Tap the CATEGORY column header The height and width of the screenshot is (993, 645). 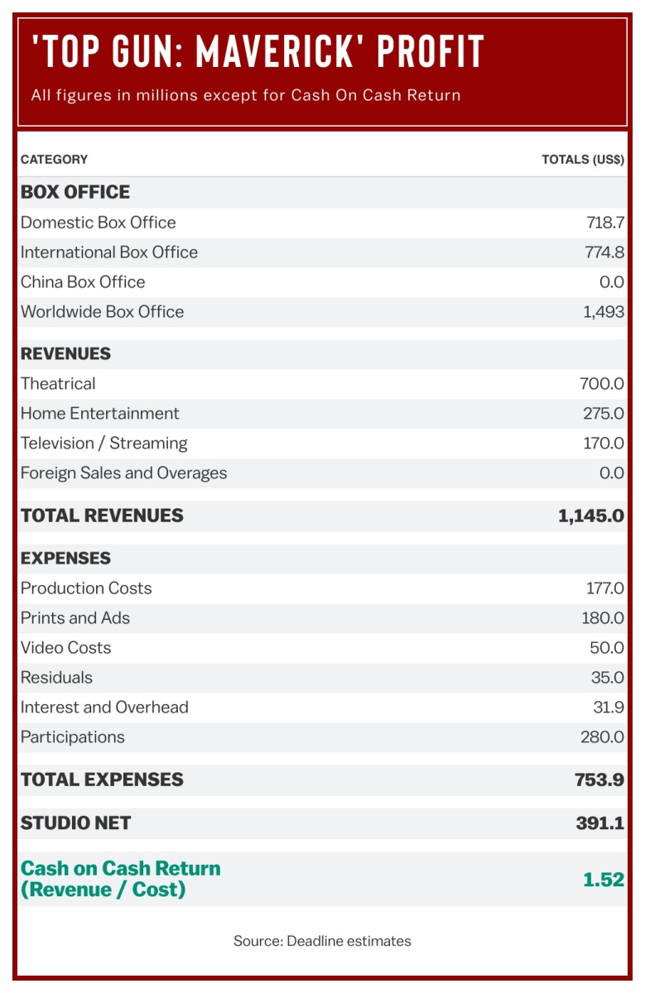(x=54, y=159)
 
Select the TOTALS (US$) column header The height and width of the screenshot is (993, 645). (x=583, y=159)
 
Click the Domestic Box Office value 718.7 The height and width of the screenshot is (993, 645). (x=604, y=223)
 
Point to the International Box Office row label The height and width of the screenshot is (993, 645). (x=109, y=252)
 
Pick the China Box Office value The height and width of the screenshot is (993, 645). (x=611, y=282)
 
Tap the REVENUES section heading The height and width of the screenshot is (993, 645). (x=65, y=353)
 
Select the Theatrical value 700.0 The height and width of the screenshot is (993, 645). (x=602, y=384)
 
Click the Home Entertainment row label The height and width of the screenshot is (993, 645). (x=99, y=414)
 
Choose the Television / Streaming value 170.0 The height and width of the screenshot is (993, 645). (x=603, y=444)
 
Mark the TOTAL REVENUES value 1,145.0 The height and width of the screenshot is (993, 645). (x=591, y=516)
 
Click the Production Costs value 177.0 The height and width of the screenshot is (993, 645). (x=604, y=588)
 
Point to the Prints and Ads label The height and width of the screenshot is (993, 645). (x=75, y=618)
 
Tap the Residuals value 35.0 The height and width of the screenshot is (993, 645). (x=607, y=678)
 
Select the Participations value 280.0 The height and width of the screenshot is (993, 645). (x=602, y=737)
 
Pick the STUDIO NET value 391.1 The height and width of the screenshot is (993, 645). (x=600, y=823)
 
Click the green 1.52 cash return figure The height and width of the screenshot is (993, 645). (x=604, y=880)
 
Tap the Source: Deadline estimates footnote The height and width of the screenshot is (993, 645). (x=322, y=941)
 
